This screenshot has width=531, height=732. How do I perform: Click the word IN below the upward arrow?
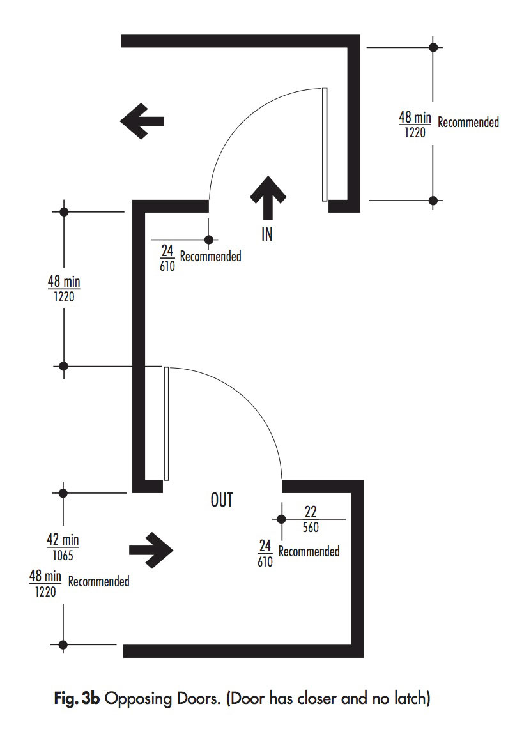click(267, 234)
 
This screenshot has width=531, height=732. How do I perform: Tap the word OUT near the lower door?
click(222, 500)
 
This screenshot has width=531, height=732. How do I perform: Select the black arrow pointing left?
click(142, 121)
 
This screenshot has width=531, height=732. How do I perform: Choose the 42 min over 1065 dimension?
click(63, 547)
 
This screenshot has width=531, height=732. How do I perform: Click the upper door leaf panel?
click(325, 144)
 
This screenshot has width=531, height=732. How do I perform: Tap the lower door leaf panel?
click(167, 423)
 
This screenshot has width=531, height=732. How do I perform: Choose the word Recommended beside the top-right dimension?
click(468, 122)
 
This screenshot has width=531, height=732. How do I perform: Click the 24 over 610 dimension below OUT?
click(265, 553)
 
